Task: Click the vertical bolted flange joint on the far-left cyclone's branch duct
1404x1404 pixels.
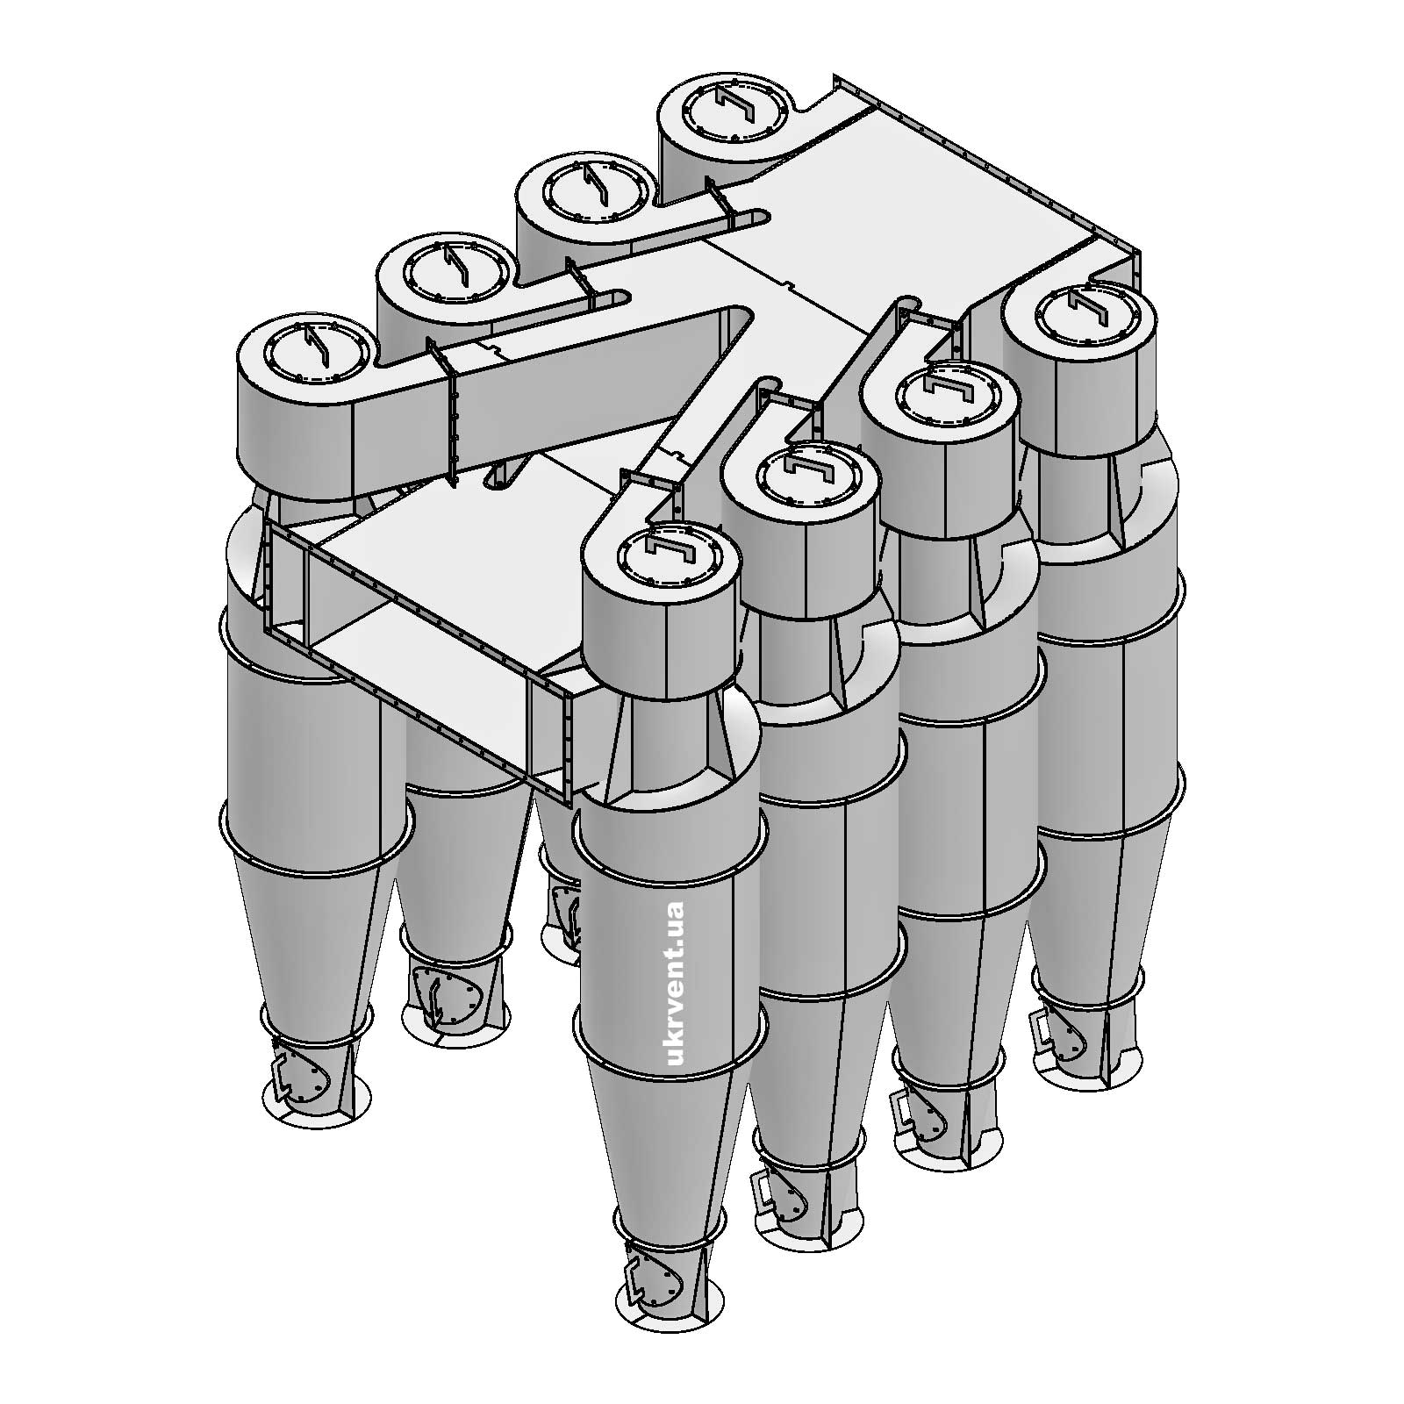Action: [x=452, y=421]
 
